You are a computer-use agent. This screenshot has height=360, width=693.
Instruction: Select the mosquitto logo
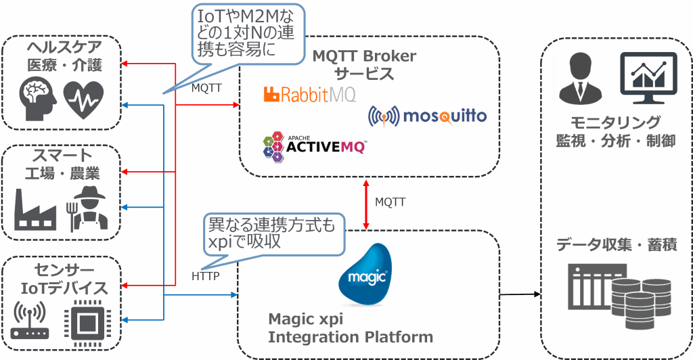pos(427,116)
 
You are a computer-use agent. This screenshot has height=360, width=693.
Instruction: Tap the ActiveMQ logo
pos(313,145)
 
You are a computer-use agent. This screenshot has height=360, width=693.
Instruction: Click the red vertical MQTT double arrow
pos(366,204)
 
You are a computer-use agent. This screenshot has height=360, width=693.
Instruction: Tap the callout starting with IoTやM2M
pos(246,33)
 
